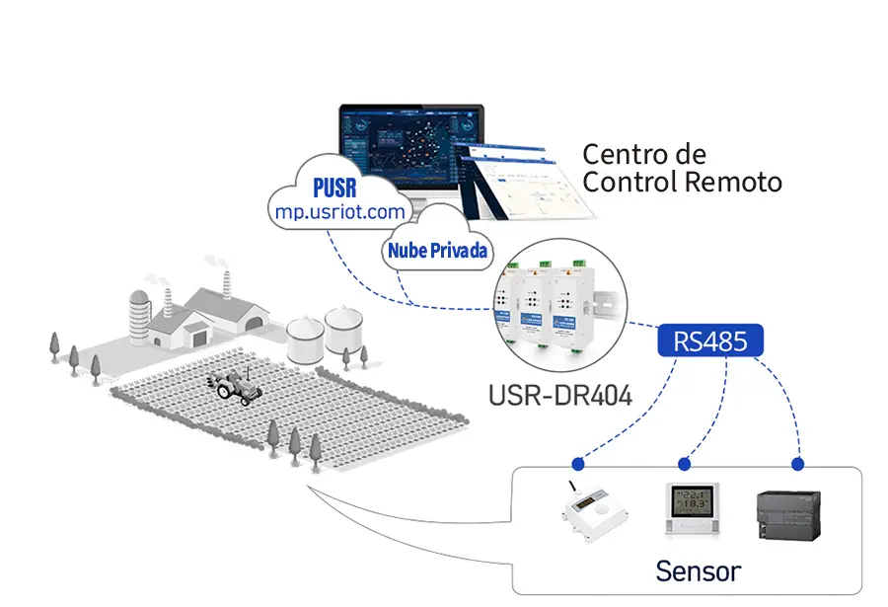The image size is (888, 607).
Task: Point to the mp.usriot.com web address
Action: (338, 210)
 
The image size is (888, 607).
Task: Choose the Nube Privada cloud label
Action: (437, 251)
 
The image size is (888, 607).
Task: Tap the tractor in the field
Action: (235, 387)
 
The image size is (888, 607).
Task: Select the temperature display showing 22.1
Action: (691, 508)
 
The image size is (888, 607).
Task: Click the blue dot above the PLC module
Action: (798, 463)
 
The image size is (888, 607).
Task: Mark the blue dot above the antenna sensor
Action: (576, 463)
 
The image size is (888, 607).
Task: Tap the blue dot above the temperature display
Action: (684, 463)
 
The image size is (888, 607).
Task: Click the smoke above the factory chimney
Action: (215, 262)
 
